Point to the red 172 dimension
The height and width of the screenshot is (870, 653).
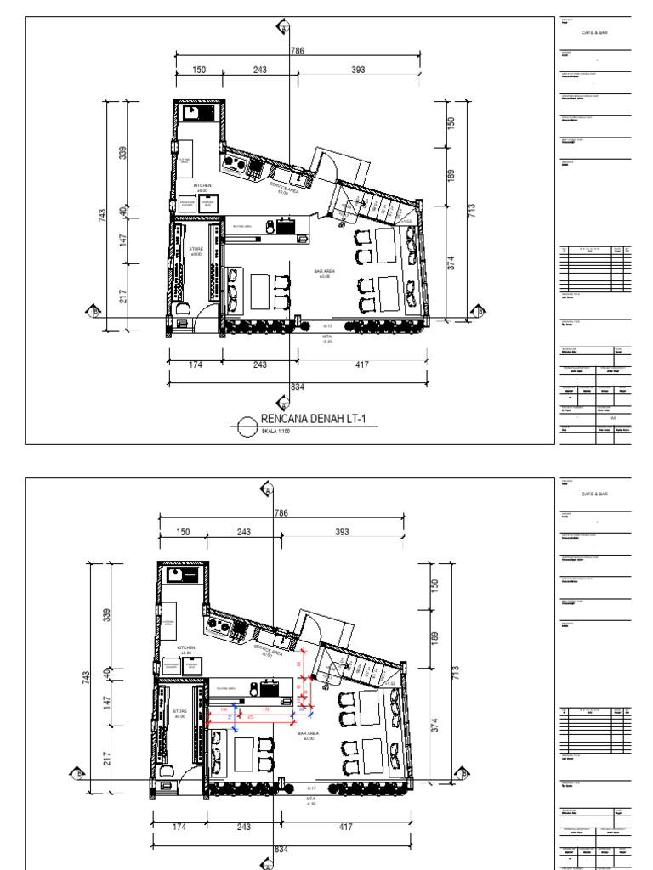coord(265,709)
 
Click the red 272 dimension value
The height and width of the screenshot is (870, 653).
coord(250,718)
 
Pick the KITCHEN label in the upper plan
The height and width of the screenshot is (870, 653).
coord(202,185)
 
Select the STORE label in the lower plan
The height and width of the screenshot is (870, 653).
coord(180,711)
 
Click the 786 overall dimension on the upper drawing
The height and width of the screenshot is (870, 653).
coord(297,52)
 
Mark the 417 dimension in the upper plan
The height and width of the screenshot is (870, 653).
coord(361,364)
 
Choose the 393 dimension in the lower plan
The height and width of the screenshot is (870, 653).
coord(342,532)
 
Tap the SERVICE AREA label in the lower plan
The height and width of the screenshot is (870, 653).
coord(267,650)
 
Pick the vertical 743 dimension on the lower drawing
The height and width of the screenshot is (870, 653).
coord(88,676)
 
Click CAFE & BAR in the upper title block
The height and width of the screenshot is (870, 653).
coord(595,32)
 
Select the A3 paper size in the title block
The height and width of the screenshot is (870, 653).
coord(613,418)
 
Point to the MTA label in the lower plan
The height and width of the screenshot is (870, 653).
coord(310,799)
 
